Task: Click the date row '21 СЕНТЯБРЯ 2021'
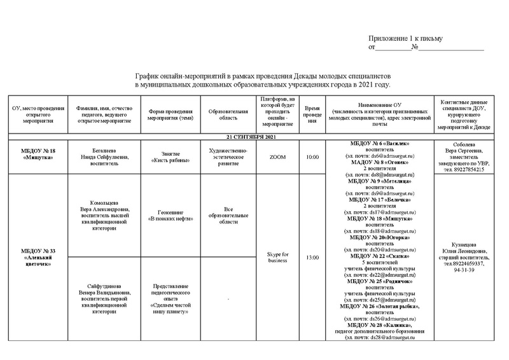click(254, 137)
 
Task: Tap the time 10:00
click(312, 156)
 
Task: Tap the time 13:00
click(312, 258)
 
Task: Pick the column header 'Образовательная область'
click(227, 114)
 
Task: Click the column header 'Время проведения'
click(312, 114)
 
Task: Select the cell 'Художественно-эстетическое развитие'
click(227, 156)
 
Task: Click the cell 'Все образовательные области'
click(227, 215)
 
